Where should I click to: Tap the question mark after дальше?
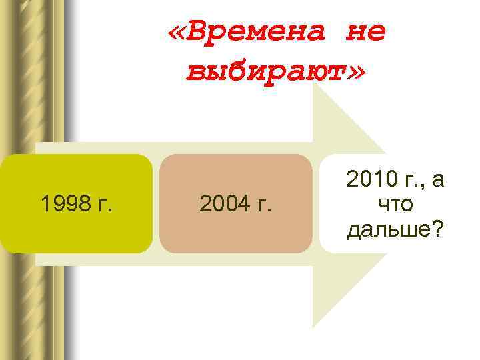point(440,229)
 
